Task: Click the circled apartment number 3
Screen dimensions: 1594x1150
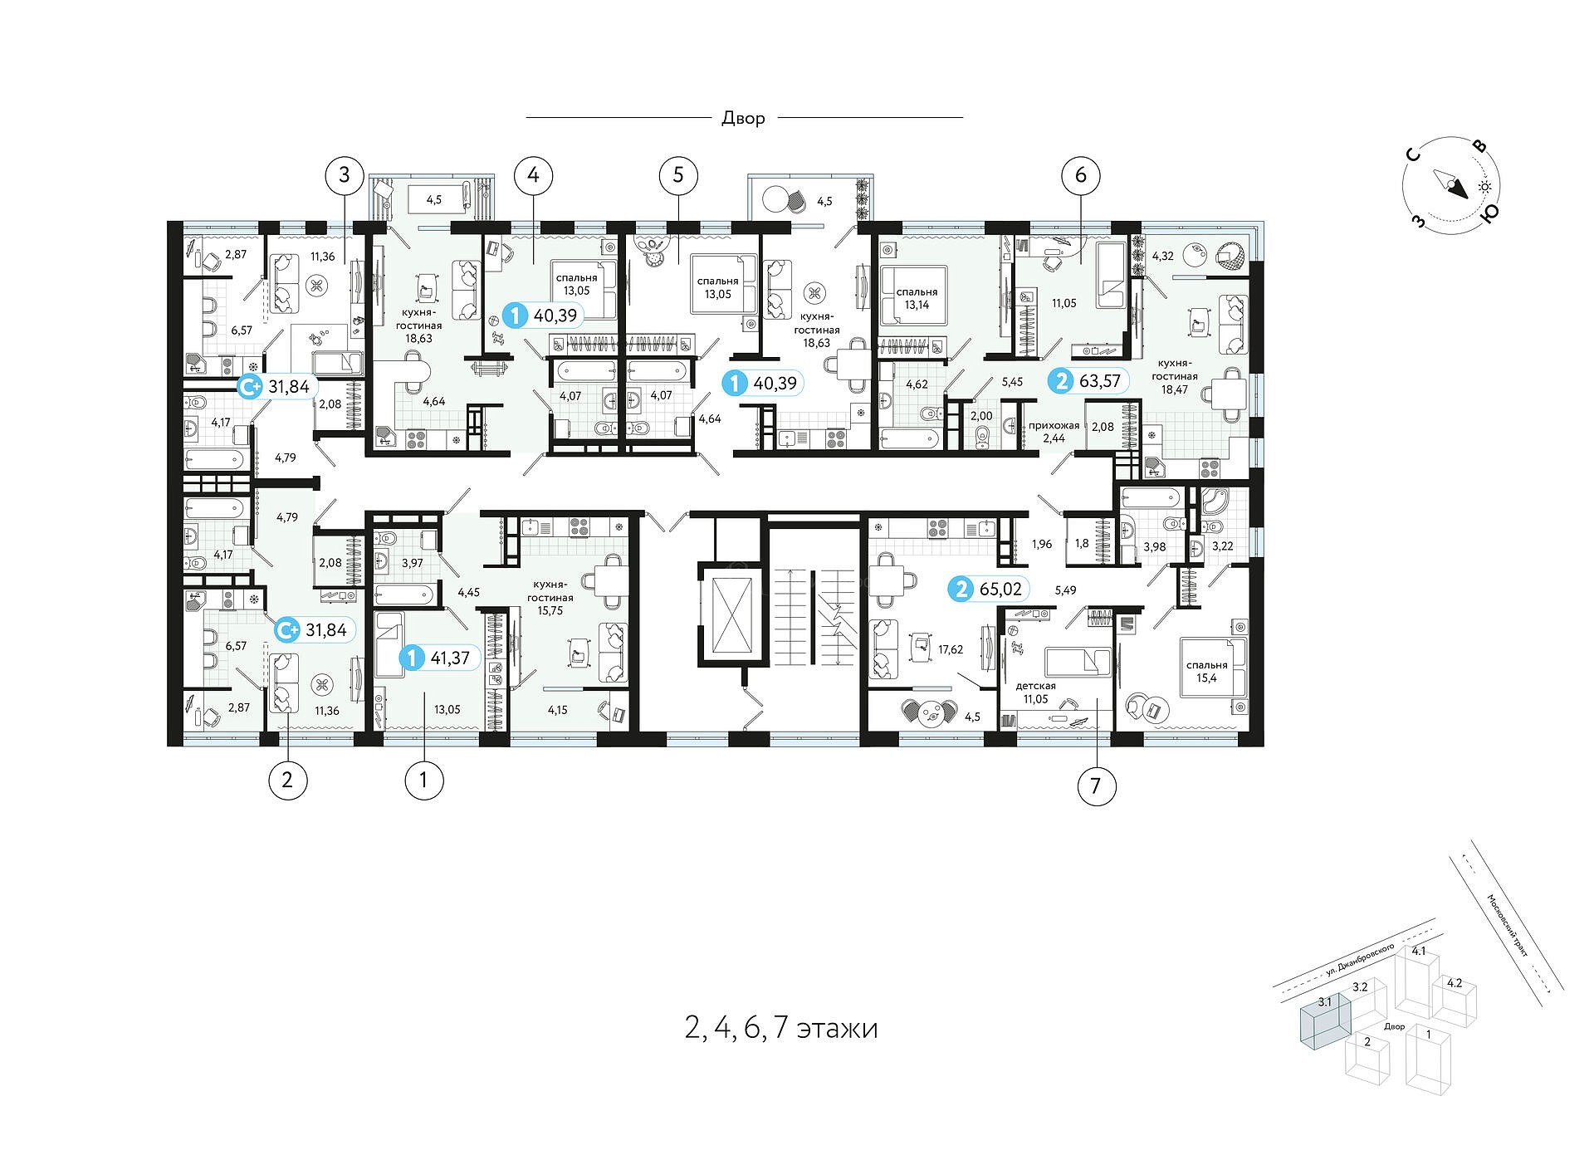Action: coord(345,175)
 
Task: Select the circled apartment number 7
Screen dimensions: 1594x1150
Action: coord(1096,785)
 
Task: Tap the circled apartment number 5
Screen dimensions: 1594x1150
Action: coord(678,175)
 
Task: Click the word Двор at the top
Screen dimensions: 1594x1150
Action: coord(743,118)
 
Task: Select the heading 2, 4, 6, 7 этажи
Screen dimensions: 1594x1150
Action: coord(781,1028)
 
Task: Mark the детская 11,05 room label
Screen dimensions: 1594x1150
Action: coord(1035,692)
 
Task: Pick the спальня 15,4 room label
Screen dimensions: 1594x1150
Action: coord(1206,671)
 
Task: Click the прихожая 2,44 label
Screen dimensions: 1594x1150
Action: coord(1054,431)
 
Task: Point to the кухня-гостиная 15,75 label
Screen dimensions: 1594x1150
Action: coord(550,597)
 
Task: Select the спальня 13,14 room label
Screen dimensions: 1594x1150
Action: coord(917,298)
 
